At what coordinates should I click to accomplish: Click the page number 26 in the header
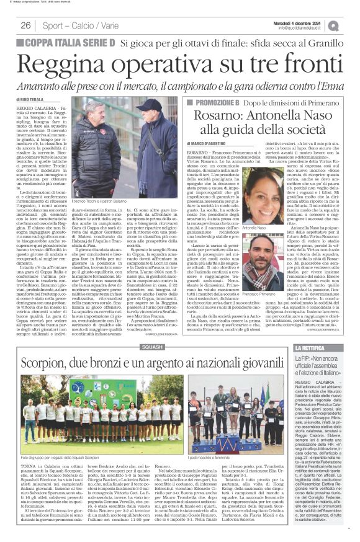pos(25,25)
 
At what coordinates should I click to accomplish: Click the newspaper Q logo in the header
pos(333,25)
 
